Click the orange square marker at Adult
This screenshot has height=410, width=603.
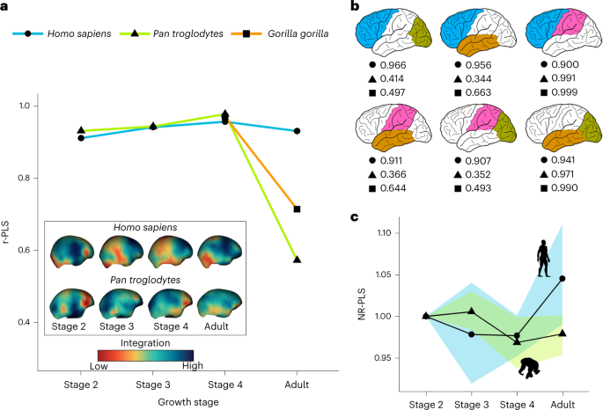pos(298,209)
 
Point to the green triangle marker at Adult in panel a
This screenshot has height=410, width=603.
pos(298,260)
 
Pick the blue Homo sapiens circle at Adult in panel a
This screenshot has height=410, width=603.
pos(298,131)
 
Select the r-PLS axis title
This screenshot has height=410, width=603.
pos(9,215)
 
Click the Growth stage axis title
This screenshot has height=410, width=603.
pos(189,400)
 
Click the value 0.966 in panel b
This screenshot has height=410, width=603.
pos(394,67)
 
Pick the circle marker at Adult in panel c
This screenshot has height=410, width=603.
pos(563,278)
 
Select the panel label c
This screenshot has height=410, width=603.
pos(354,216)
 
